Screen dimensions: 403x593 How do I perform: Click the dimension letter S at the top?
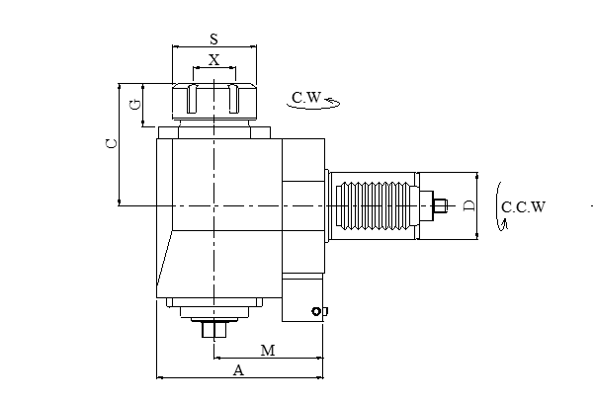pos(213,39)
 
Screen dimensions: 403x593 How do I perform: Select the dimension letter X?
pos(213,60)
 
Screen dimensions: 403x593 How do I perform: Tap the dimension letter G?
pos(133,102)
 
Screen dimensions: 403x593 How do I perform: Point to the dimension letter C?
pos(112,143)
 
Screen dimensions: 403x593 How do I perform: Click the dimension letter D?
pos(469,205)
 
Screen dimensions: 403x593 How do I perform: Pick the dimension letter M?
pos(267,351)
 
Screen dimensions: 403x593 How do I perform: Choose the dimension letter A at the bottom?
pos(237,370)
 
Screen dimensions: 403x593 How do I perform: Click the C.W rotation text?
pos(305,98)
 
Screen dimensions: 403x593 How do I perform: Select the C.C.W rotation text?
pos(524,207)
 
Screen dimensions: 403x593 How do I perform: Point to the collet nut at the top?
pos(213,101)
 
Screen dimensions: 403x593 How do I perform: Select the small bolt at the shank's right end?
pos(440,205)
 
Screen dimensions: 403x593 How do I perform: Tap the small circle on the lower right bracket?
pos(315,312)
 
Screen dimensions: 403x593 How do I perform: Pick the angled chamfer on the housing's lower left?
pos(164,262)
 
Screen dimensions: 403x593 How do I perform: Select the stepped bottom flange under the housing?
pos(212,308)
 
